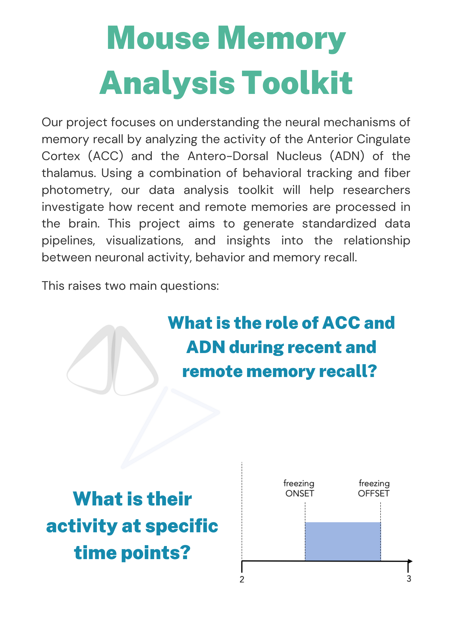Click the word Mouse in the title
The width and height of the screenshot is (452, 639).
click(x=158, y=38)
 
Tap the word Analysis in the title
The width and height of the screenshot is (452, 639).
click(x=167, y=83)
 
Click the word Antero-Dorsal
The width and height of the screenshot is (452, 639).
click(x=228, y=156)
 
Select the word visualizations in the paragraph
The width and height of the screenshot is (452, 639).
click(x=144, y=241)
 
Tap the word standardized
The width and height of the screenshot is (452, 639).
click(x=339, y=224)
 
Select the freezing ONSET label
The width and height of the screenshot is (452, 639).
click(x=299, y=489)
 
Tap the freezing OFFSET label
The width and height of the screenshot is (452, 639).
click(x=374, y=489)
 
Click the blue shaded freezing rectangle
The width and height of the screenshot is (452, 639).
click(x=343, y=541)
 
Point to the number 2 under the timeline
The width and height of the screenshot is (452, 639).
click(x=242, y=579)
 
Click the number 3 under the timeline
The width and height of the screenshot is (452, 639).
click(x=409, y=579)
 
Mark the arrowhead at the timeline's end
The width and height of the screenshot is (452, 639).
click(x=410, y=561)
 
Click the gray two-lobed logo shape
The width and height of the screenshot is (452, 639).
click(x=113, y=361)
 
